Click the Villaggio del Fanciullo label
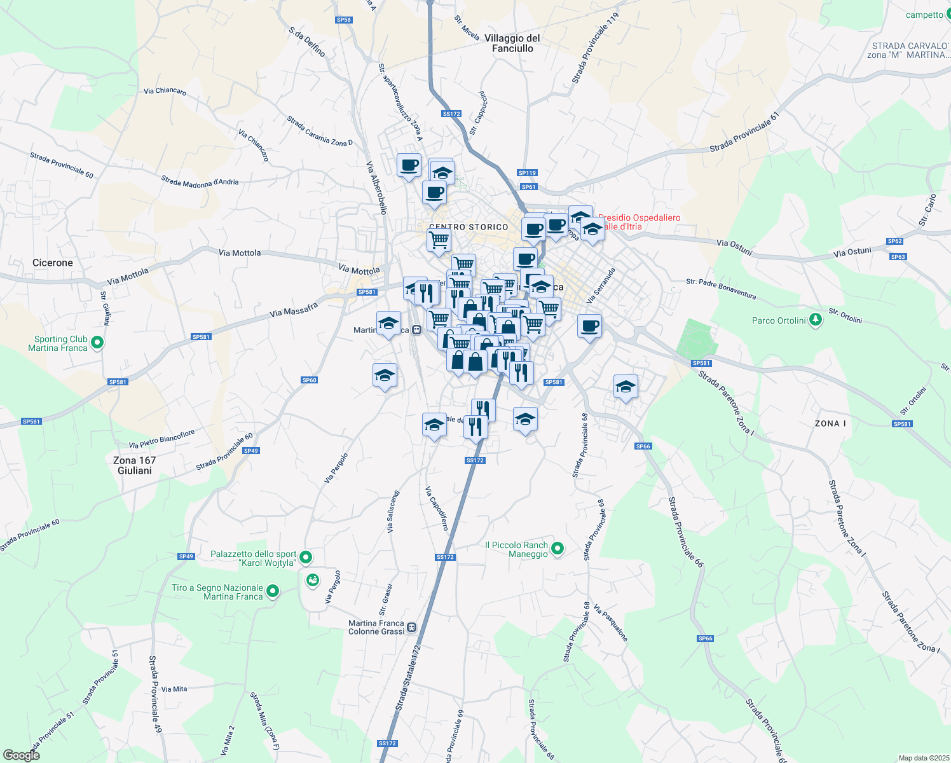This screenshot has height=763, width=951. click(512, 43)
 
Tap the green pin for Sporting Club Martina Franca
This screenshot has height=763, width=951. click(97, 343)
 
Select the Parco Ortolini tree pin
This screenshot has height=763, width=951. click(816, 320)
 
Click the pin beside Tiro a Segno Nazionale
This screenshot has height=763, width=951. click(273, 592)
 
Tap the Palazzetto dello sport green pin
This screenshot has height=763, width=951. click(306, 558)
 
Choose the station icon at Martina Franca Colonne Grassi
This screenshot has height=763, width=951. click(412, 628)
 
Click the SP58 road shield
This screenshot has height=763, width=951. click(343, 20)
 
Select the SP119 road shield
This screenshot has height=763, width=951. click(527, 172)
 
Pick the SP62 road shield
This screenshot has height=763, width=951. click(895, 241)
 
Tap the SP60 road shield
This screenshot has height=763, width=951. click(309, 380)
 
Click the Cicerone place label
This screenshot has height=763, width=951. click(53, 263)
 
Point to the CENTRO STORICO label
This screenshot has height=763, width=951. click(469, 227)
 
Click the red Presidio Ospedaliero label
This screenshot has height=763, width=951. click(639, 222)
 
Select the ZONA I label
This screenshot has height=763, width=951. click(830, 423)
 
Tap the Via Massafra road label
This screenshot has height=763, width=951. click(294, 310)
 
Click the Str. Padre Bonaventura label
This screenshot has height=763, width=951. click(721, 289)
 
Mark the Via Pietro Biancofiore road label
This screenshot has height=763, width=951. click(161, 439)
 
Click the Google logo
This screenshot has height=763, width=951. click(21, 755)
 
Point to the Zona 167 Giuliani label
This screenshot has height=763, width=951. click(134, 465)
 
